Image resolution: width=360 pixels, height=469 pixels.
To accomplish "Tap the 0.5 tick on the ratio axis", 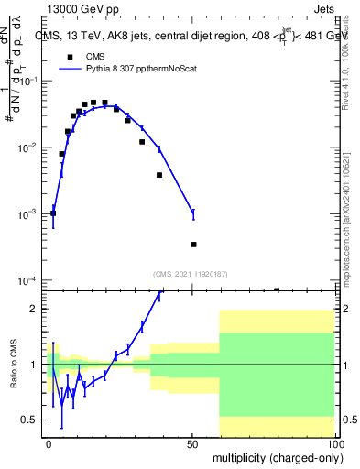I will click(33, 420).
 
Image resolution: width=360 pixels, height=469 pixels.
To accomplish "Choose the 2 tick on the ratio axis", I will click(38, 309).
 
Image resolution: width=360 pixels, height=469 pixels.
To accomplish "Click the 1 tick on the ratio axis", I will click(38, 365).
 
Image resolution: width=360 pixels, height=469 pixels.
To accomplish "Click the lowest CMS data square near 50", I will click(193, 245).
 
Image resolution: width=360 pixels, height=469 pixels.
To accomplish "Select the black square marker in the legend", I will click(71, 56).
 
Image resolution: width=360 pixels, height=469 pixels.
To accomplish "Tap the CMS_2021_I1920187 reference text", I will click(191, 274).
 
